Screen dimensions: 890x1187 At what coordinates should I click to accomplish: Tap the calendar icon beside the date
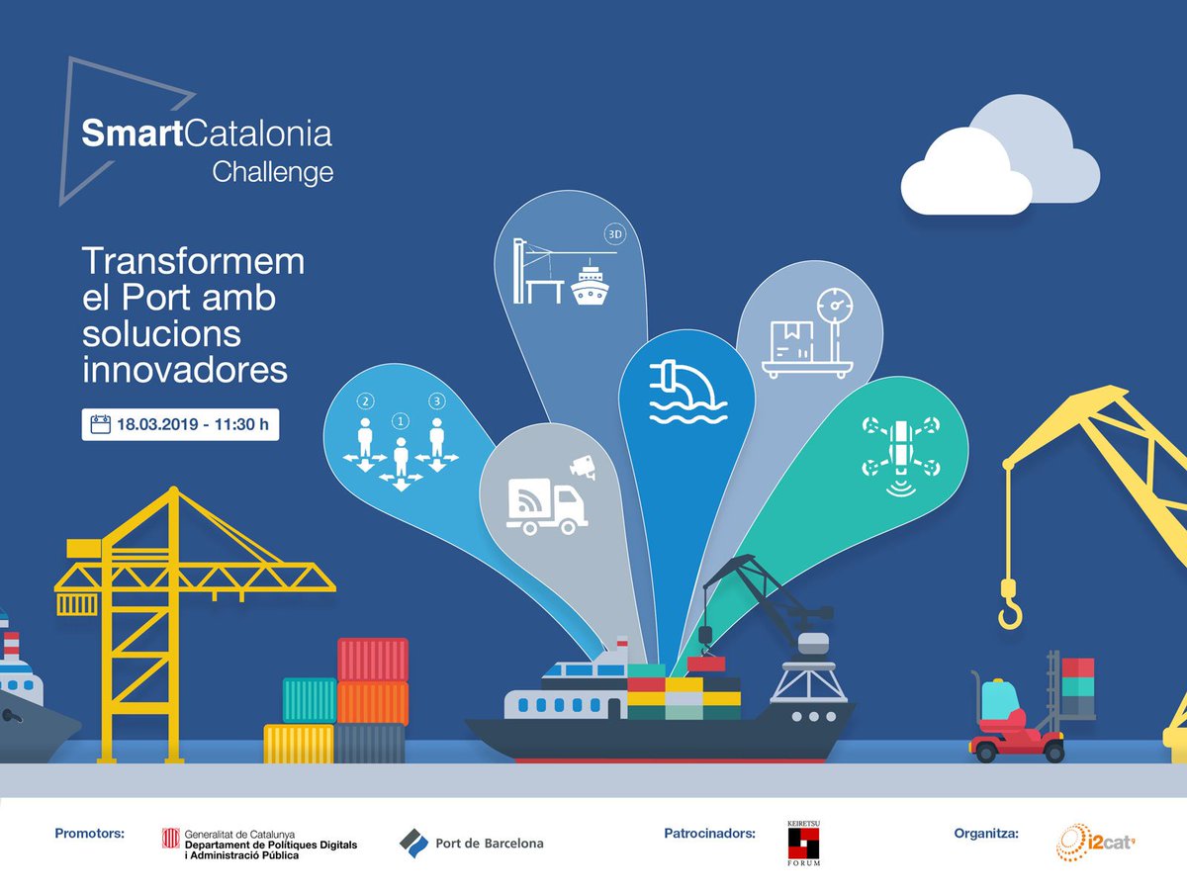click(100, 425)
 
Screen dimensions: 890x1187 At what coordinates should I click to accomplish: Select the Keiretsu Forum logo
click(803, 844)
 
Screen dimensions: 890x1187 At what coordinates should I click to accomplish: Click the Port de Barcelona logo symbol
click(413, 844)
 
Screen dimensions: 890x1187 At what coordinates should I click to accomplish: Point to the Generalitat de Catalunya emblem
click(170, 839)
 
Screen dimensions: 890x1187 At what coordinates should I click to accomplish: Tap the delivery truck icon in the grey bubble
click(546, 504)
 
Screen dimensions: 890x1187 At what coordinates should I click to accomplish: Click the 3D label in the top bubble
click(615, 235)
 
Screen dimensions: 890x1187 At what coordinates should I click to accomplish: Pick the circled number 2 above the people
click(366, 402)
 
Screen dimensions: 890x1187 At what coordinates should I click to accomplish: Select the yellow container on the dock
click(298, 744)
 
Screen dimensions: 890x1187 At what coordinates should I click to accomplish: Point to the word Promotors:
click(89, 834)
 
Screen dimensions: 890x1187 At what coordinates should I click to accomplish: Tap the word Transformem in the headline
click(193, 264)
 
